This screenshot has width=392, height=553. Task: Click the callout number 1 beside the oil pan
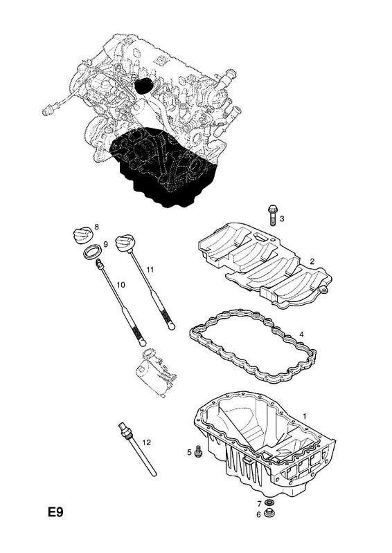[304, 416]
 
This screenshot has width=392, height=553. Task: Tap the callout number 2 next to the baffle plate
[312, 262]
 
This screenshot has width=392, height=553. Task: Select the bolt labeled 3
[272, 215]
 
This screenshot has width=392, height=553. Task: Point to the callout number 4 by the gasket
[301, 335]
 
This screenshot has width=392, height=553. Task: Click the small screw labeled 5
[198, 451]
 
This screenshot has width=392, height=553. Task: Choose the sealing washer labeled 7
[271, 503]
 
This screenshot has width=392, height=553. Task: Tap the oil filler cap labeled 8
[82, 234]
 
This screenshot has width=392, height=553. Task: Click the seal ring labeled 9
[93, 252]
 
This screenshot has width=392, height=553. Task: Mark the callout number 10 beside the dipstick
[121, 284]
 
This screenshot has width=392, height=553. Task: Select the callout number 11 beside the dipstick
[150, 270]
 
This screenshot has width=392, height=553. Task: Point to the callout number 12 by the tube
[146, 442]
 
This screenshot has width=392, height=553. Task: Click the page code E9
[55, 512]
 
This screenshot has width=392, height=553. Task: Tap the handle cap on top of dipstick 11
[125, 243]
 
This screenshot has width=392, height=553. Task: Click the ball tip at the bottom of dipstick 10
[142, 341]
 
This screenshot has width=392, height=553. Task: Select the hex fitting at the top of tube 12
[125, 428]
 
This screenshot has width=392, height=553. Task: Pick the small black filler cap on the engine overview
[143, 86]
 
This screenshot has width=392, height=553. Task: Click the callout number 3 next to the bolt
[282, 218]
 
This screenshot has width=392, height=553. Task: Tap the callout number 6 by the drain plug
[258, 515]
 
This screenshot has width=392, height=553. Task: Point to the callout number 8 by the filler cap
[97, 227]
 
